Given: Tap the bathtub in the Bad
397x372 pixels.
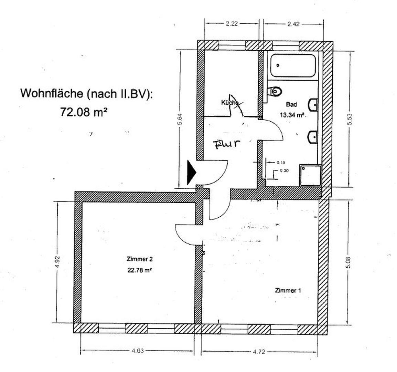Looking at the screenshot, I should (292, 65).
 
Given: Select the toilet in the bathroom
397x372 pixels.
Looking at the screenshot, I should (276, 91).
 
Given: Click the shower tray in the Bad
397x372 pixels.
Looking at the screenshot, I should (310, 175).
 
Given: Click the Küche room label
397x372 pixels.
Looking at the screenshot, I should (230, 103).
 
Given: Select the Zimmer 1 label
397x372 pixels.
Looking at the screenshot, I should (288, 290).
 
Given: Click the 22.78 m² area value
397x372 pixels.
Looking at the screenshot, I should (139, 270).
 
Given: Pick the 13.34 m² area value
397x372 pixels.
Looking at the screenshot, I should (292, 115).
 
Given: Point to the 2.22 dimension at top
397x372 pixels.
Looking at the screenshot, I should (232, 24).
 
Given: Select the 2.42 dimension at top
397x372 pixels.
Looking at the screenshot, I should (293, 24).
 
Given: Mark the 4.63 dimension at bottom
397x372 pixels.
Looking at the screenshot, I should (138, 351).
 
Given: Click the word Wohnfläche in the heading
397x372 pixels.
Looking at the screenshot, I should (52, 94).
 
